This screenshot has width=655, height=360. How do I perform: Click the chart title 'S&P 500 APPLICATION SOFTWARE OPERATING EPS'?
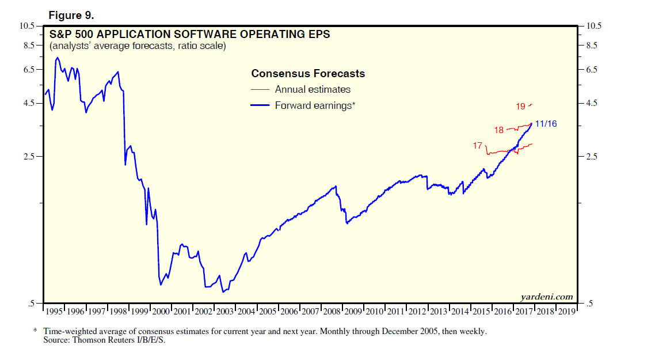pos(190,35)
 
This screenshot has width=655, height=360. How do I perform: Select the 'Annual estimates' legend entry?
pos(313,89)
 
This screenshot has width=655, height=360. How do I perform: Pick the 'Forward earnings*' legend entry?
pos(315,105)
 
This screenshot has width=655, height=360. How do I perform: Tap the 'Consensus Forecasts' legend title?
pos(308,74)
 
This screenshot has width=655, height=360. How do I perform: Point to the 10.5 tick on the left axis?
pos(28,26)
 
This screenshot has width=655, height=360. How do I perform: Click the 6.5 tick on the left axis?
pos(29,69)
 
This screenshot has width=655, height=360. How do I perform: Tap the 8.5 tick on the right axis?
pos(592,45)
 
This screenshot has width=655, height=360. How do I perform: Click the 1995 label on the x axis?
pos(55,312)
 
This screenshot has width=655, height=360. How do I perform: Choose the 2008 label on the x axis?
pos(332,312)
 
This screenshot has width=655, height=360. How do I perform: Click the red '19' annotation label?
pos(520,107)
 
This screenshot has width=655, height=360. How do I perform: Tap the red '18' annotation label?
pos(499,130)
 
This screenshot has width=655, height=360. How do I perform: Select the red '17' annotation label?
pos(478,146)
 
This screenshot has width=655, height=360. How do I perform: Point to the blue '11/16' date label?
pos(546,124)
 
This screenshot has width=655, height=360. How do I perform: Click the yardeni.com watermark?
pos(546,297)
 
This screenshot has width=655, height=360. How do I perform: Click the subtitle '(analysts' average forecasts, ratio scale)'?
pos(138,46)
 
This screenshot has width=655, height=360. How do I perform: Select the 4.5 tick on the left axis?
pos(29,103)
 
